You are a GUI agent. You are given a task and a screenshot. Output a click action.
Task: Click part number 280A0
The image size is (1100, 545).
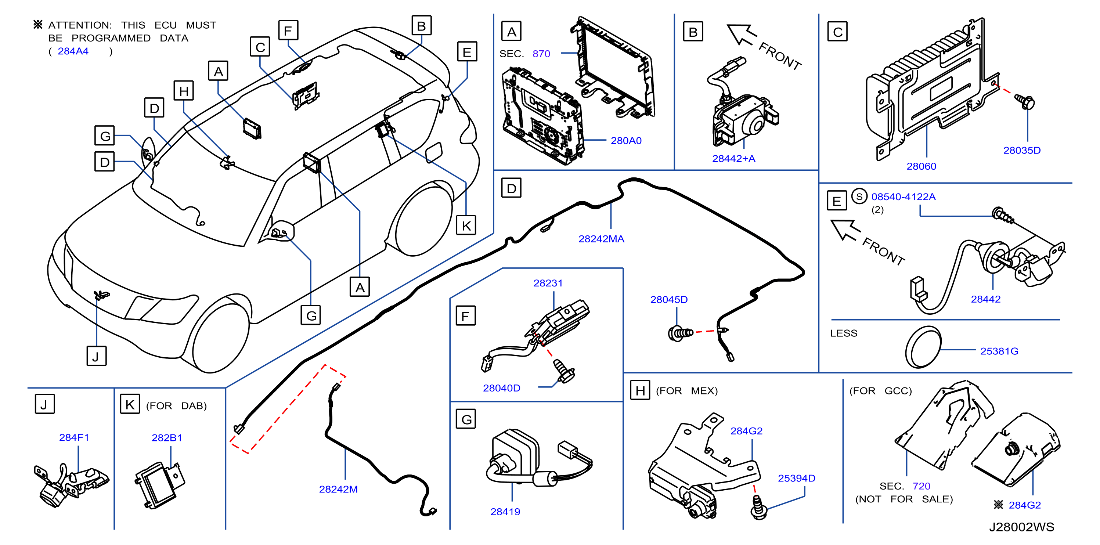tap(626, 141)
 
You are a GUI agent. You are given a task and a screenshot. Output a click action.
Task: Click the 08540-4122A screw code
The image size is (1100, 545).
tap(904, 196)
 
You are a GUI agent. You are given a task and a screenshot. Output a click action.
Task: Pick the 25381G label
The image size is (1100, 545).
tap(999, 351)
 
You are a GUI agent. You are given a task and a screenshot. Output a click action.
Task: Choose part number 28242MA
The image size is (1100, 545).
tap(601, 239)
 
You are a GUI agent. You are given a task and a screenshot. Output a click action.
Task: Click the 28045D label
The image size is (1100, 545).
tap(669, 299)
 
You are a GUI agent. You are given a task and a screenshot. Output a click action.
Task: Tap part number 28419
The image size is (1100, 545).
tap(505, 511)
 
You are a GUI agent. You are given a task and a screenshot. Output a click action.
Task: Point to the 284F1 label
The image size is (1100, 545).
tap(74, 437)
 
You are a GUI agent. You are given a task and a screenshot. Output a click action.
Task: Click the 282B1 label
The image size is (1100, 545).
tap(167, 438)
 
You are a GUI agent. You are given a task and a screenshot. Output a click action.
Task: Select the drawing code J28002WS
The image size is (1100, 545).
tap(1021, 527)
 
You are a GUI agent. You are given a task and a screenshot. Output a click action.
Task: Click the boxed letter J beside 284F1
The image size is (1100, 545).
tap(44, 404)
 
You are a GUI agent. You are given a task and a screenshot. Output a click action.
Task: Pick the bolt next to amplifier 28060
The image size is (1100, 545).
tap(1025, 102)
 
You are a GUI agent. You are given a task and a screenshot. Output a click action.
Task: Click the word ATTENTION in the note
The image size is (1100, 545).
tap(80, 25)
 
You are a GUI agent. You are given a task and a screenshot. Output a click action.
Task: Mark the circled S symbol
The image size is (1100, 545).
tap(859, 196)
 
